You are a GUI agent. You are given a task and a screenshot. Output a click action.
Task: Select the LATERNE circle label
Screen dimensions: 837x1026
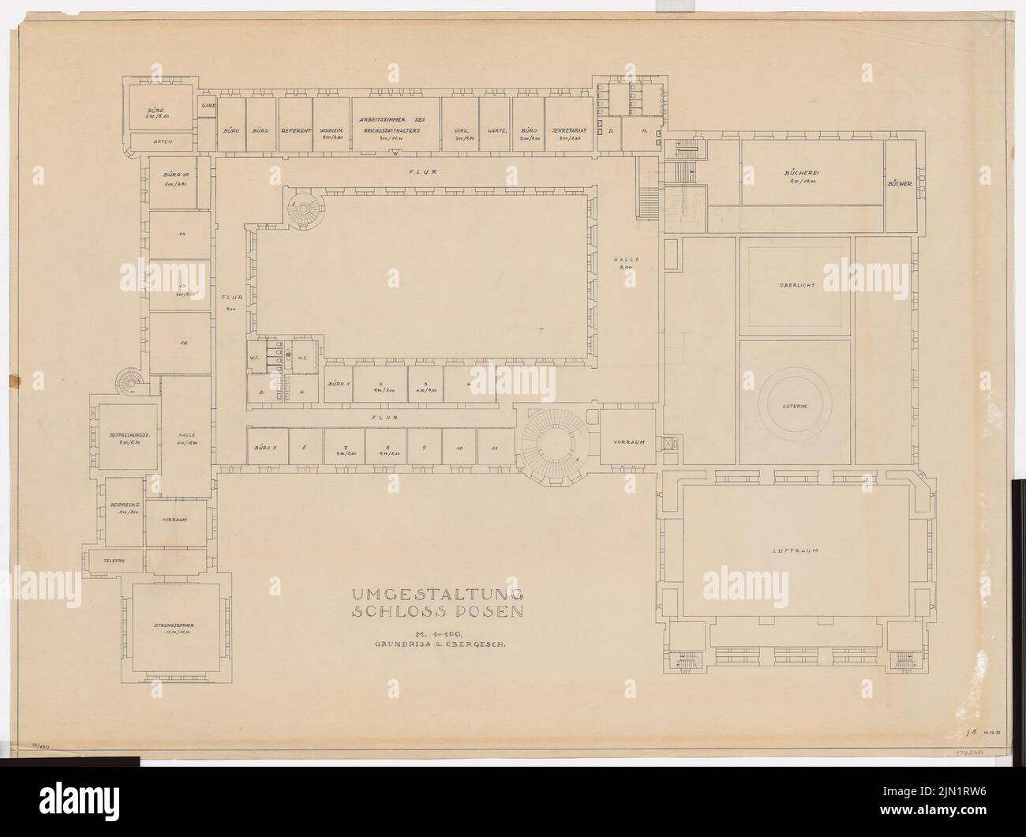tap(796, 403)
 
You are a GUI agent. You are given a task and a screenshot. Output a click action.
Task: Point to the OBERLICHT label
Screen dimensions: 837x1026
tap(796, 285)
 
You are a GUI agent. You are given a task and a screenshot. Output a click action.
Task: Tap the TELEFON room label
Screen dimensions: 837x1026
tap(114, 560)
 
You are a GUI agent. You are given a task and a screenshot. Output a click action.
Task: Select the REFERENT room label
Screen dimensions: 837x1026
tap(297, 129)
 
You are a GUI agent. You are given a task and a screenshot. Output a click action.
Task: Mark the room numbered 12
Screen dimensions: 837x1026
tap(181, 343)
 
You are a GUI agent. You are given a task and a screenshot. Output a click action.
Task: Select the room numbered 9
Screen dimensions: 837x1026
tap(424, 448)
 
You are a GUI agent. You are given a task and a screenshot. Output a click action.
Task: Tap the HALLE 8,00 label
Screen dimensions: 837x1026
tap(629, 263)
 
